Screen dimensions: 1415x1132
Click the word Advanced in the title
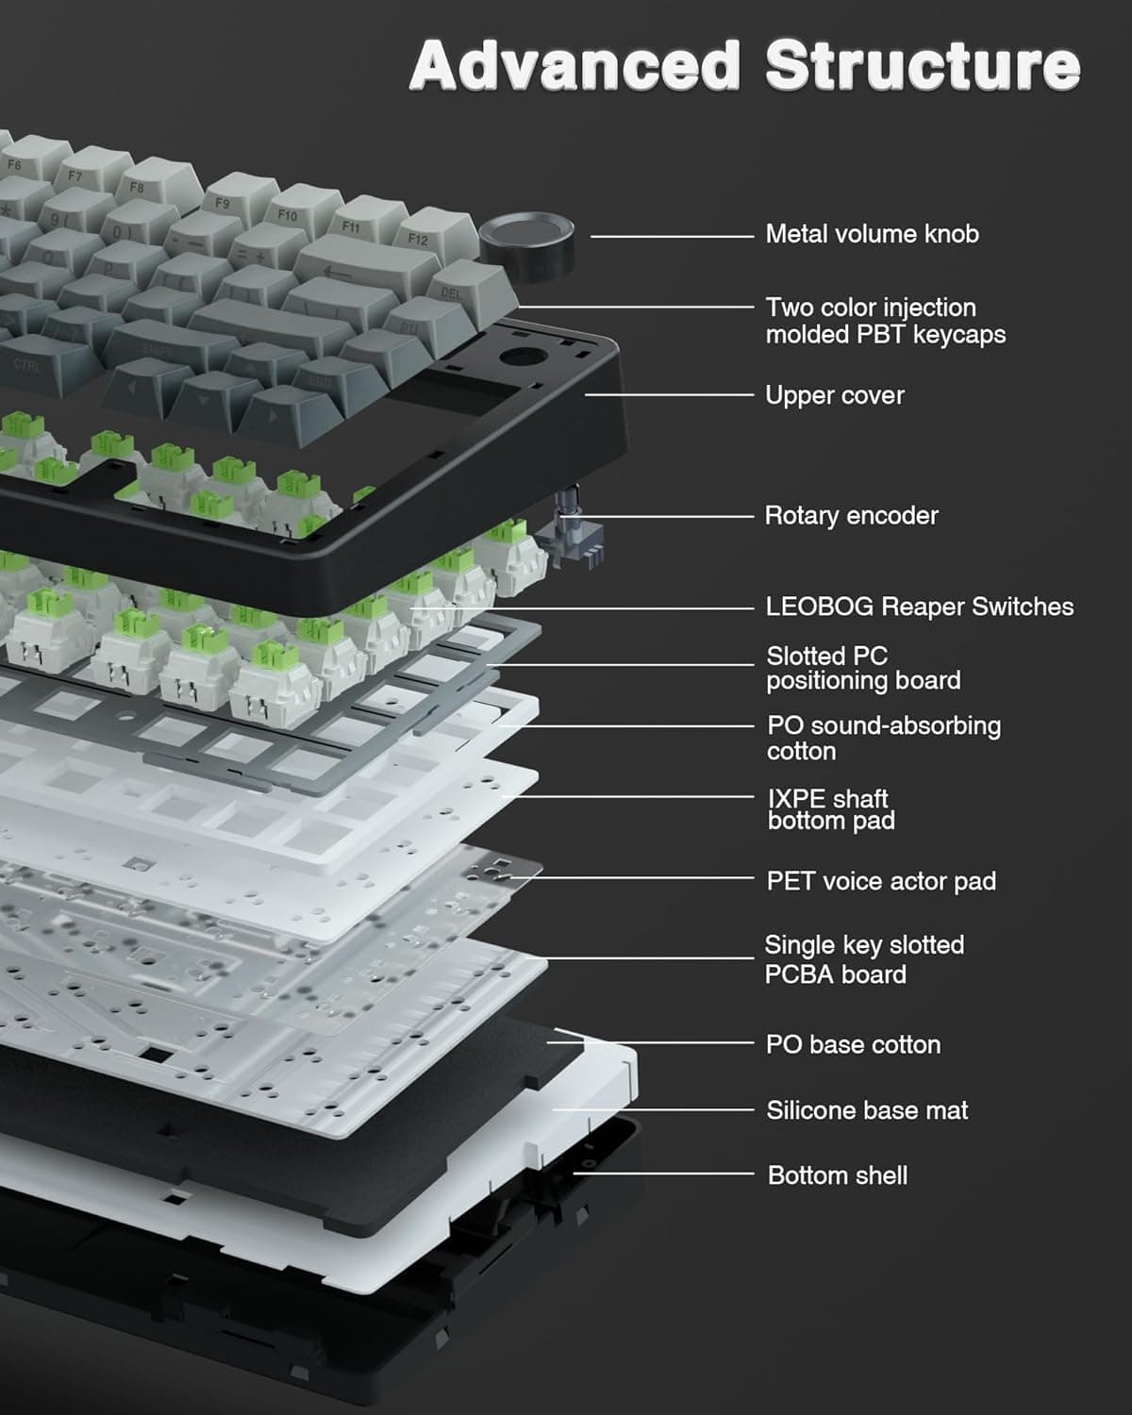(574, 66)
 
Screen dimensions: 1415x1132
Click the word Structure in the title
(922, 66)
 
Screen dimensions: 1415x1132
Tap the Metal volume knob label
(872, 234)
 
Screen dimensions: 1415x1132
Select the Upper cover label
(834, 395)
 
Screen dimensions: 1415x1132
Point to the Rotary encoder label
(851, 516)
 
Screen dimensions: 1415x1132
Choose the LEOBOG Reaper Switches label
(919, 607)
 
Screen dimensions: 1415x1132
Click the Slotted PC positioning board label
(862, 668)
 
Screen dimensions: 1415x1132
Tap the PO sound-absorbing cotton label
(883, 738)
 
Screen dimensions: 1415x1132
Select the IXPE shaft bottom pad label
(830, 809)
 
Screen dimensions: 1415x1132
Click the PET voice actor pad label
(880, 881)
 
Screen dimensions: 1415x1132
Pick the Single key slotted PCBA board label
(863, 959)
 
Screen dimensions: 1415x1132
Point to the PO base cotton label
(853, 1044)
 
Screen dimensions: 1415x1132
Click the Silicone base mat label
(866, 1110)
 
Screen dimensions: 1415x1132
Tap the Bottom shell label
(837, 1175)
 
